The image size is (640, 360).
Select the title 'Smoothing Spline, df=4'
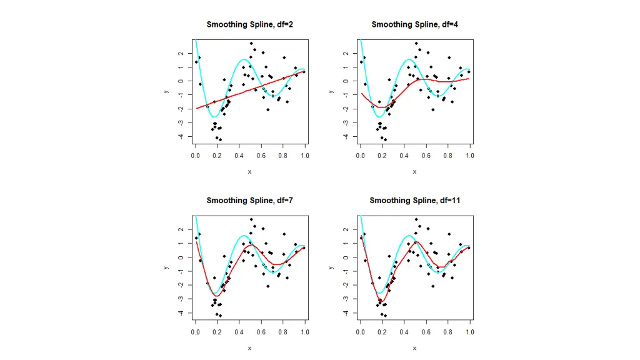point(414,24)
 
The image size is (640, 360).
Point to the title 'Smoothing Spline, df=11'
point(414,201)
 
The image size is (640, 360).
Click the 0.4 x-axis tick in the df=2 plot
point(239,155)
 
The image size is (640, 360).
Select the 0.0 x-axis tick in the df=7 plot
point(196,331)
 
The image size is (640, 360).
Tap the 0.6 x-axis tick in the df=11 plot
point(426,331)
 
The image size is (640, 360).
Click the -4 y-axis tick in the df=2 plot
point(181,137)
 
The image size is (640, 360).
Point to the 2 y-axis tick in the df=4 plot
point(346,54)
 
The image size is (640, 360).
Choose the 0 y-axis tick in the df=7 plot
point(181,257)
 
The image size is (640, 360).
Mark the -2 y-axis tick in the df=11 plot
point(346,285)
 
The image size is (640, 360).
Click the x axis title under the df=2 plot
point(249,171)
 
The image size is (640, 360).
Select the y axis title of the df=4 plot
point(331,91)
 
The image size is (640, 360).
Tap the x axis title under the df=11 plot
point(414,347)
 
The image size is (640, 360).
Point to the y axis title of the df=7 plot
point(166,267)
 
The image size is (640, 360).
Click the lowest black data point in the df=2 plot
point(220,139)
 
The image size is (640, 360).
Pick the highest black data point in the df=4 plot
point(416,44)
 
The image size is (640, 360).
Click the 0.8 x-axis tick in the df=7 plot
point(283,331)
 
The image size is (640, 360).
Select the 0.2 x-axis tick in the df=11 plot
point(382,331)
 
